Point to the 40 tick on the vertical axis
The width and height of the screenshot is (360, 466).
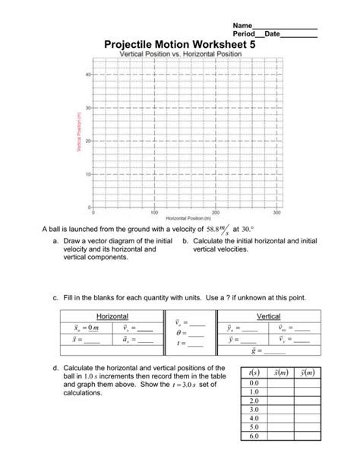pyautogui.click(x=87, y=74)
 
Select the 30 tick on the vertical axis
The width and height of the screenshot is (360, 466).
pyautogui.click(x=87, y=108)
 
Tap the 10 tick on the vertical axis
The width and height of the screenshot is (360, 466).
pyautogui.click(x=87, y=174)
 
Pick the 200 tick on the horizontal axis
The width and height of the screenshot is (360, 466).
pyautogui.click(x=216, y=212)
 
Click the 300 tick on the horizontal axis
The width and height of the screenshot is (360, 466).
pyautogui.click(x=276, y=212)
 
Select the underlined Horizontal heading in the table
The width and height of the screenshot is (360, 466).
pyautogui.click(x=112, y=315)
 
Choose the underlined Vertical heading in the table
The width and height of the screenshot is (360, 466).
pyautogui.click(x=269, y=315)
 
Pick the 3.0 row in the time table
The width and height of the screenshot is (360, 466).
pyautogui.click(x=254, y=408)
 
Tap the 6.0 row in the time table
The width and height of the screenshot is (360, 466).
pyautogui.click(x=254, y=436)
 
